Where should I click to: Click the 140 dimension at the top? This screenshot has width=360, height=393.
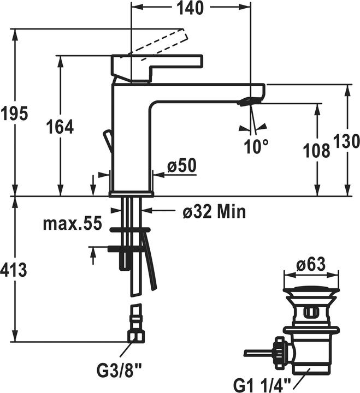pos(190,9)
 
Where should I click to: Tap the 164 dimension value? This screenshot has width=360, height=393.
pos(61,127)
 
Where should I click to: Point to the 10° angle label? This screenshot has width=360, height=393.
pos(257,145)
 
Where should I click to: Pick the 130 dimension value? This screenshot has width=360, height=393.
pos(346,141)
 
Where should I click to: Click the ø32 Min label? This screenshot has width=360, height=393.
pos(214,211)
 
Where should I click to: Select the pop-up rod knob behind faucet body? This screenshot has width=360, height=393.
pos(108,140)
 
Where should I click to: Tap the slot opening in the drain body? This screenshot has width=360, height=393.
pos(310,313)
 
